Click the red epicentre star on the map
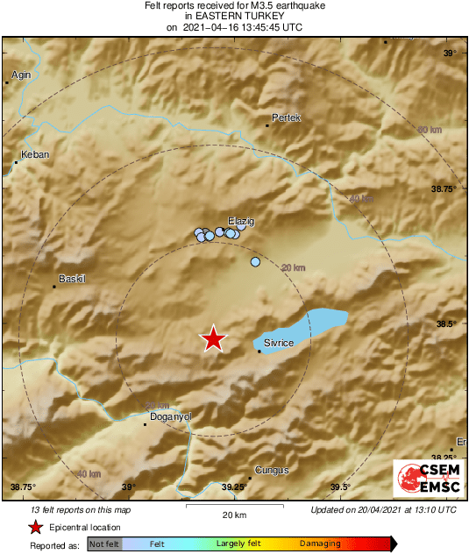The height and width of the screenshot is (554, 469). (213, 338)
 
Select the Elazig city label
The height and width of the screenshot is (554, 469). (240, 222)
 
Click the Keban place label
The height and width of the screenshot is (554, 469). (35, 154)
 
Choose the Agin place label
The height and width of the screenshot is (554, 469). (21, 75)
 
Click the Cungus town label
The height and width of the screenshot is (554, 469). (271, 471)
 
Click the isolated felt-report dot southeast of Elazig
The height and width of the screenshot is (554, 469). (256, 262)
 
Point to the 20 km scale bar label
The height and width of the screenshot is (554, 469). (233, 514)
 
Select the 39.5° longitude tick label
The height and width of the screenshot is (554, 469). (340, 487)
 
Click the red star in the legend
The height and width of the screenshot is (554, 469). (36, 527)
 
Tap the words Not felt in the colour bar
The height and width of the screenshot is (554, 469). (103, 543)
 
